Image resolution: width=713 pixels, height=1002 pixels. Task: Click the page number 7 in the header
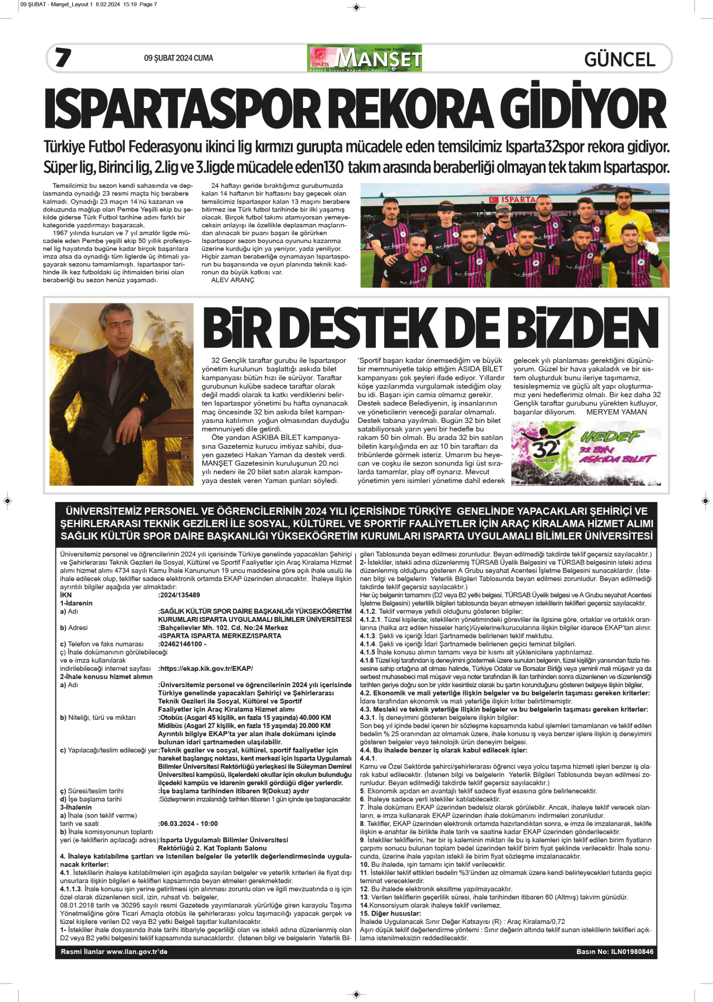[63, 57]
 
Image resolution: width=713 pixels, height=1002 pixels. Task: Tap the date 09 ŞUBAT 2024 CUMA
[178, 58]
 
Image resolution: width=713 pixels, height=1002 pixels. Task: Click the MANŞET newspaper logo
[365, 58]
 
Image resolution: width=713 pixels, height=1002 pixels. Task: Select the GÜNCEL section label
[620, 59]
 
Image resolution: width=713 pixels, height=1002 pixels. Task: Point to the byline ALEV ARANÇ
[232, 280]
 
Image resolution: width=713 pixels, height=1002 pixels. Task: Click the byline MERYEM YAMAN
[616, 412]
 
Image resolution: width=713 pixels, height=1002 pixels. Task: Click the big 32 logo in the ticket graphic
[545, 448]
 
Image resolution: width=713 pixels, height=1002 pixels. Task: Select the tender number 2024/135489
[179, 595]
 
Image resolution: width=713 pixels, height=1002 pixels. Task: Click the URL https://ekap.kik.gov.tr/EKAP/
[206, 668]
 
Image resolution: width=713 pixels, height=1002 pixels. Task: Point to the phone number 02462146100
[181, 644]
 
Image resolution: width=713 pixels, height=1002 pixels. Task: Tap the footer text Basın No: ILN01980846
[614, 951]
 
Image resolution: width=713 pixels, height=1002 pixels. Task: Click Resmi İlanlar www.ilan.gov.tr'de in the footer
[114, 951]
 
